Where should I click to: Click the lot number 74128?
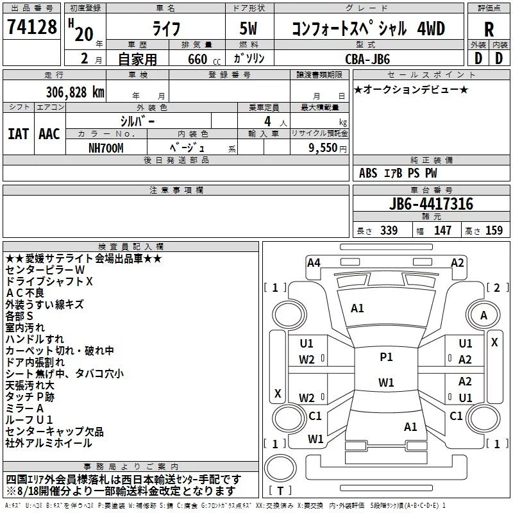tap(31, 26)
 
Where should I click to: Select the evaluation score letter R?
tap(489, 29)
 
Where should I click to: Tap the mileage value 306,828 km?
tap(75, 92)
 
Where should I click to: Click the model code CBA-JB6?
tap(367, 59)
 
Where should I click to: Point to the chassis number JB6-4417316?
tap(431, 204)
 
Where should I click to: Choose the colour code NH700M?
tap(106, 148)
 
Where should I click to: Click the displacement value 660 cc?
tap(204, 59)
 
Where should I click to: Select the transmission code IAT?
tap(19, 134)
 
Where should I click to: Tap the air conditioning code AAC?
tap(49, 134)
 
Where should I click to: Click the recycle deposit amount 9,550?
tap(323, 147)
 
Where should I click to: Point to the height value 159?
tap(494, 230)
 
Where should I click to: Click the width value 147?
tap(442, 230)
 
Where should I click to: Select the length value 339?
tap(389, 230)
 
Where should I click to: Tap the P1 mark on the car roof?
tap(386, 357)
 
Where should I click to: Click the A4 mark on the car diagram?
tap(314, 263)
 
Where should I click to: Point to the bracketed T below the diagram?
tap(280, 491)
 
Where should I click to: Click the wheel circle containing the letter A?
tap(484, 315)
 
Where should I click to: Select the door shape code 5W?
tap(248, 28)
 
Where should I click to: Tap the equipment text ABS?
tap(368, 173)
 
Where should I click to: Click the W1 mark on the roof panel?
tap(386, 382)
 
